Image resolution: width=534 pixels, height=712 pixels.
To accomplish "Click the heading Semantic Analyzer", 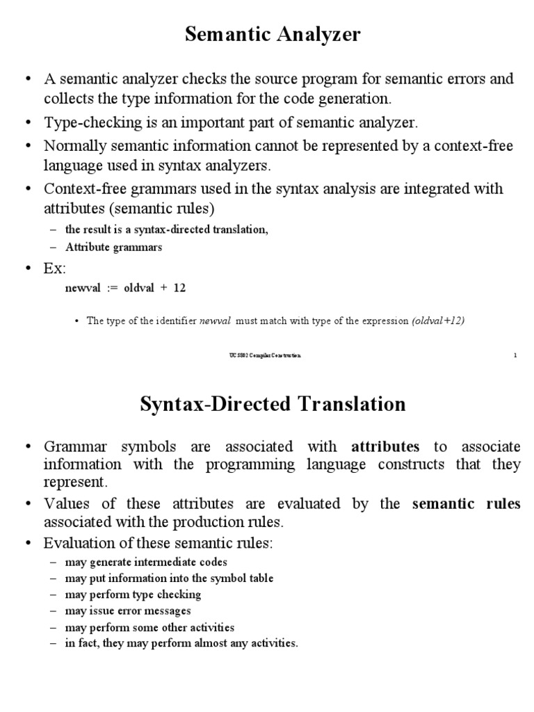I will coord(273,35).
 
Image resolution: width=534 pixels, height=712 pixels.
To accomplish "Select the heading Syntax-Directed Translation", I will coord(272,403).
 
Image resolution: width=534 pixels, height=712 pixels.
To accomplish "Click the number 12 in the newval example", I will coord(179,287).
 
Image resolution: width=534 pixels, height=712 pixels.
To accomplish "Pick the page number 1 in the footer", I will coord(515,355).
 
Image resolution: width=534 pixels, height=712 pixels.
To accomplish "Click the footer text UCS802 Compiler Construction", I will coord(266,355).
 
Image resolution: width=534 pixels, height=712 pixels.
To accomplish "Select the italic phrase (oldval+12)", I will coord(438,321).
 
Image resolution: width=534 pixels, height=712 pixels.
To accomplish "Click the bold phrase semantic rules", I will coord(467,504).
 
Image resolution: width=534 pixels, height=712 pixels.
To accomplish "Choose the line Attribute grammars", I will coord(114,247).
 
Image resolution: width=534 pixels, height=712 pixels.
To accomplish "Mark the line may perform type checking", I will coord(133,594).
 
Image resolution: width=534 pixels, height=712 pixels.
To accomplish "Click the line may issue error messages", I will coord(128,610).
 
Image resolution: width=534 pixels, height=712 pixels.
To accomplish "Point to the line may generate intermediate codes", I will coord(146,562).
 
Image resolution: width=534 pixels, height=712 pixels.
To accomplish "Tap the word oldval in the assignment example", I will coord(142,287).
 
